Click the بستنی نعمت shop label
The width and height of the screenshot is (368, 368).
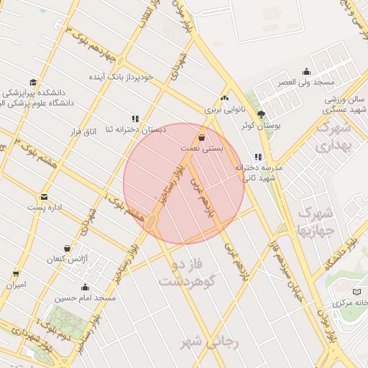[201, 147]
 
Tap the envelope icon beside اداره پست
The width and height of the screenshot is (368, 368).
[45, 197]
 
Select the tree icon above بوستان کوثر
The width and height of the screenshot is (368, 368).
[261, 114]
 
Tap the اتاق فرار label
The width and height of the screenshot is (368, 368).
[80, 132]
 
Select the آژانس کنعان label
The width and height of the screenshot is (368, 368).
[67, 258]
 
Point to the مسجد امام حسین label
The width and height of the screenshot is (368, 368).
[89, 297]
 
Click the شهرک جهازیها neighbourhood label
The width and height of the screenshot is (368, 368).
[315, 222]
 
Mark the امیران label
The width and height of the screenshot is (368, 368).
[16, 285]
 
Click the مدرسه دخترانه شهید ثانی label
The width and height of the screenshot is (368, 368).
[260, 172]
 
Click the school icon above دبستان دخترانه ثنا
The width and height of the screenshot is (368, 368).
[135, 119]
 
